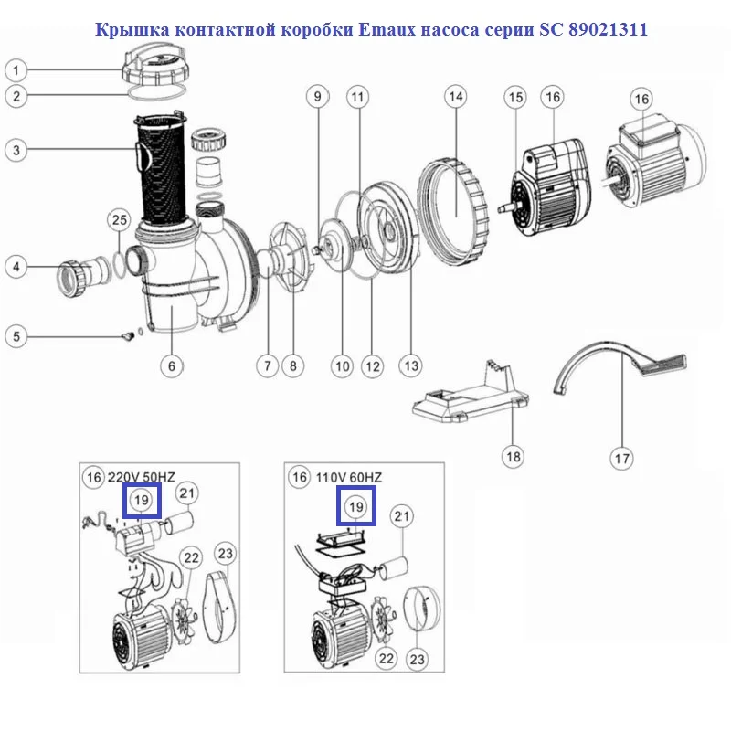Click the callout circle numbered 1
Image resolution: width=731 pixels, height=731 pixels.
point(16,70)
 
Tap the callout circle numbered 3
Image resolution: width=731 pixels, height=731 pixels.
point(16,150)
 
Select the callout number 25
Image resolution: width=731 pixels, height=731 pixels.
point(120,220)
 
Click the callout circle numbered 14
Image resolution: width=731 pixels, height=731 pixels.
point(455,97)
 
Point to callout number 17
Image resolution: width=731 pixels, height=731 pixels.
point(622,459)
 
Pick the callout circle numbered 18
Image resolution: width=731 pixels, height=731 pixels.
point(514,456)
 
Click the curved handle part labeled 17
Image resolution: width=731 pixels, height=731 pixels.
point(620,367)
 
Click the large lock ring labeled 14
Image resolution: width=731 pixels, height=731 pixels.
point(452,212)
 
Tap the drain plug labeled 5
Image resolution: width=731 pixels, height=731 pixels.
point(128,335)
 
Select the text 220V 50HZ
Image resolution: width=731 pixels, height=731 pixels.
point(142,477)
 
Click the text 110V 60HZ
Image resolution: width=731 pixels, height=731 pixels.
point(349,477)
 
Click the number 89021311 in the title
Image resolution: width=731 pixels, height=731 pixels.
point(608,29)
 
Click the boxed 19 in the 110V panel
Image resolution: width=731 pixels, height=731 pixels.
point(356,506)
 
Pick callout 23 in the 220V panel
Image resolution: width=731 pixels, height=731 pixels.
point(226,554)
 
